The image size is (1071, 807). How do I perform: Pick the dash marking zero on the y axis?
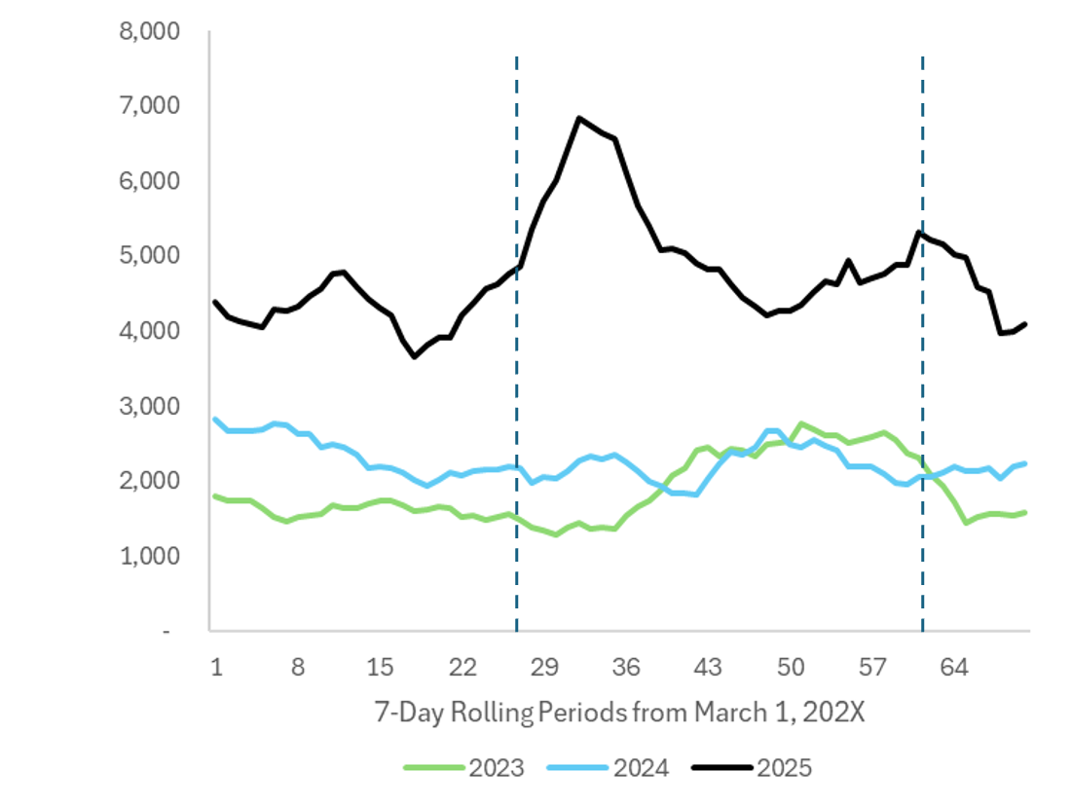click(x=166, y=631)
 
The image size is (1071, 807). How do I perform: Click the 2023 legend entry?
click(x=464, y=768)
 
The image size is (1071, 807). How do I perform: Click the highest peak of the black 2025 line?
click(x=580, y=119)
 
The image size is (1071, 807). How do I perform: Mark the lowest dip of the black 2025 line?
click(x=415, y=356)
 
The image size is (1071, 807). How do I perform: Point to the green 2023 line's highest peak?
click(x=800, y=423)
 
